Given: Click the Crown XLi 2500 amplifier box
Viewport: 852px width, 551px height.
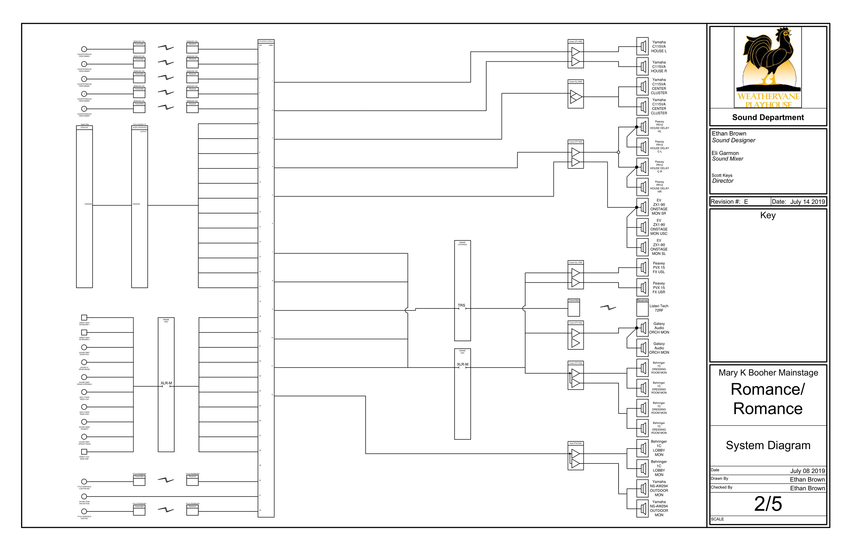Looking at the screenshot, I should pyautogui.click(x=575, y=94).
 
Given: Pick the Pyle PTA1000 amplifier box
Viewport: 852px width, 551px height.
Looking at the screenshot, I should pyautogui.click(x=575, y=456).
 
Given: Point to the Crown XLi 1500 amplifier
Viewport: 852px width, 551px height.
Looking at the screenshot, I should pyautogui.click(x=575, y=275).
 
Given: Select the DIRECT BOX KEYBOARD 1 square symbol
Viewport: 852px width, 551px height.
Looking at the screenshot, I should pyautogui.click(x=84, y=317).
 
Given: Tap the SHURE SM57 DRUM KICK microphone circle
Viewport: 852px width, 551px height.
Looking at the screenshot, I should pyautogui.click(x=84, y=347).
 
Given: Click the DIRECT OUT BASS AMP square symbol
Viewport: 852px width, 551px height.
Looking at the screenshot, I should pyautogui.click(x=84, y=452).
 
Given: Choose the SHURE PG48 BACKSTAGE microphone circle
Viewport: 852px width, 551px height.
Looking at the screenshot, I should pyautogui.click(x=84, y=496).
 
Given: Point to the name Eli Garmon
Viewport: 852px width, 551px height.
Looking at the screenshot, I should pyautogui.click(x=725, y=153).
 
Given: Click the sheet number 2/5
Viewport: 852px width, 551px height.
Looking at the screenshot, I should pyautogui.click(x=768, y=504).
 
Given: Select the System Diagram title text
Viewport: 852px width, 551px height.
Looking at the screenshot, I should pyautogui.click(x=768, y=445).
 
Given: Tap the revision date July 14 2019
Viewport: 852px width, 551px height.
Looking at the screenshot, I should pyautogui.click(x=807, y=202).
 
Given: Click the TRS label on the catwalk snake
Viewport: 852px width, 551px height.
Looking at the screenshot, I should pyautogui.click(x=461, y=305).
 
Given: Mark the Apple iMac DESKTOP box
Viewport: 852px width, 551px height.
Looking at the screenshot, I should pyautogui.click(x=85, y=206).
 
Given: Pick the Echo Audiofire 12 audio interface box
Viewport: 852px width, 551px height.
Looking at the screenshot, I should pyautogui.click(x=140, y=206).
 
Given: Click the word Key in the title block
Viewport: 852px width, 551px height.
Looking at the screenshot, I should pyautogui.click(x=768, y=215).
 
